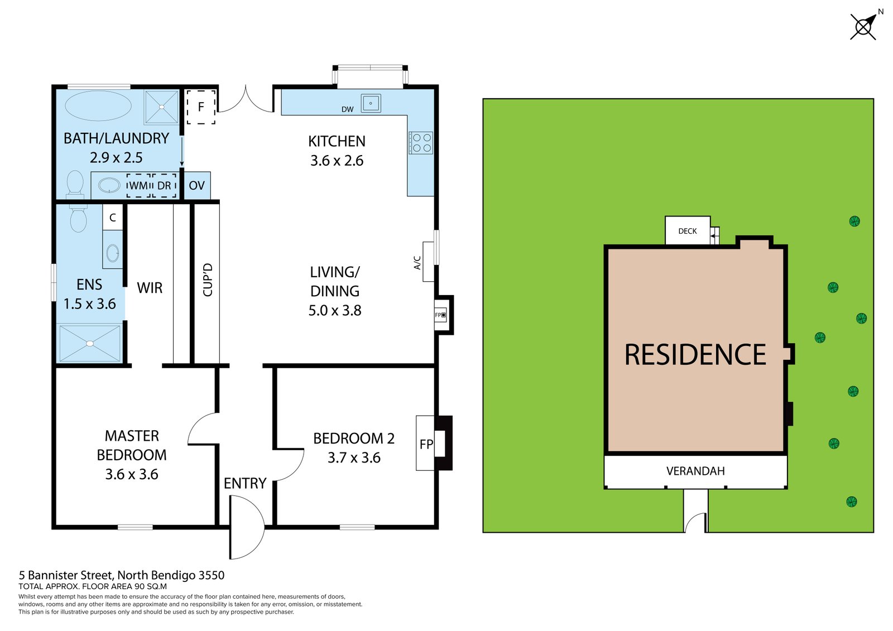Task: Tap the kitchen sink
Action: point(371,103)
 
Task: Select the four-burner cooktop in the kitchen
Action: point(421,143)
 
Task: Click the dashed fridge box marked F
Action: point(201,107)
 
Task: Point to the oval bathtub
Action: point(98,105)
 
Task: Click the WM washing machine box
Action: point(139,185)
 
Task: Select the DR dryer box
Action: point(164,185)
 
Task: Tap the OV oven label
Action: point(196,185)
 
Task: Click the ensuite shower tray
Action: point(90,343)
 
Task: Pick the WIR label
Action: point(150,288)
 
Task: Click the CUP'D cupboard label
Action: point(208,280)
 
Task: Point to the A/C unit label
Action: point(417,263)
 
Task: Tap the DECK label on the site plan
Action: point(688,231)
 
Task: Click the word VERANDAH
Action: point(695,471)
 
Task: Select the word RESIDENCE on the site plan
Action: point(695,354)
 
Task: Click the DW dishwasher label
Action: point(348,109)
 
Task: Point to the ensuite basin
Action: point(113,253)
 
